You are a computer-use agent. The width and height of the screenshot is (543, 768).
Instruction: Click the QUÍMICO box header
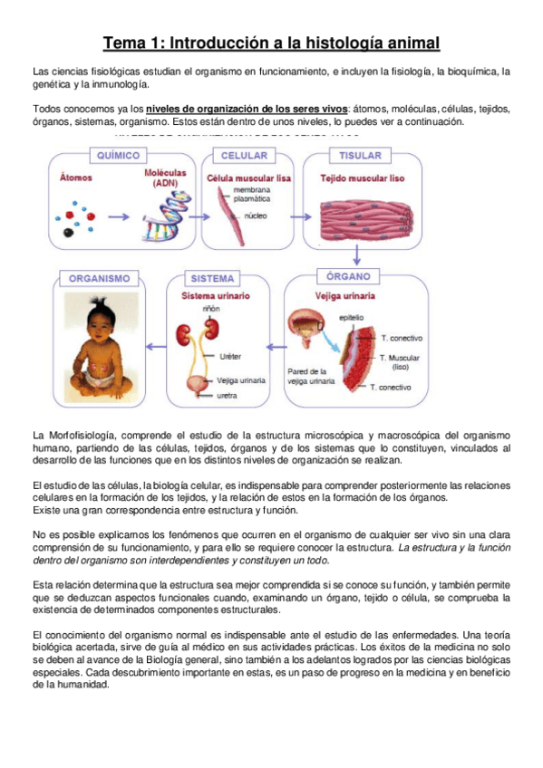pos(131,155)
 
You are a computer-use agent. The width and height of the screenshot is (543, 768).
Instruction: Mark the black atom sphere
pos(71,233)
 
